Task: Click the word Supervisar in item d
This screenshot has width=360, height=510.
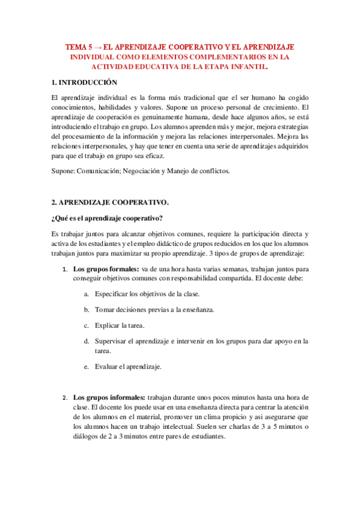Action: (112, 341)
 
